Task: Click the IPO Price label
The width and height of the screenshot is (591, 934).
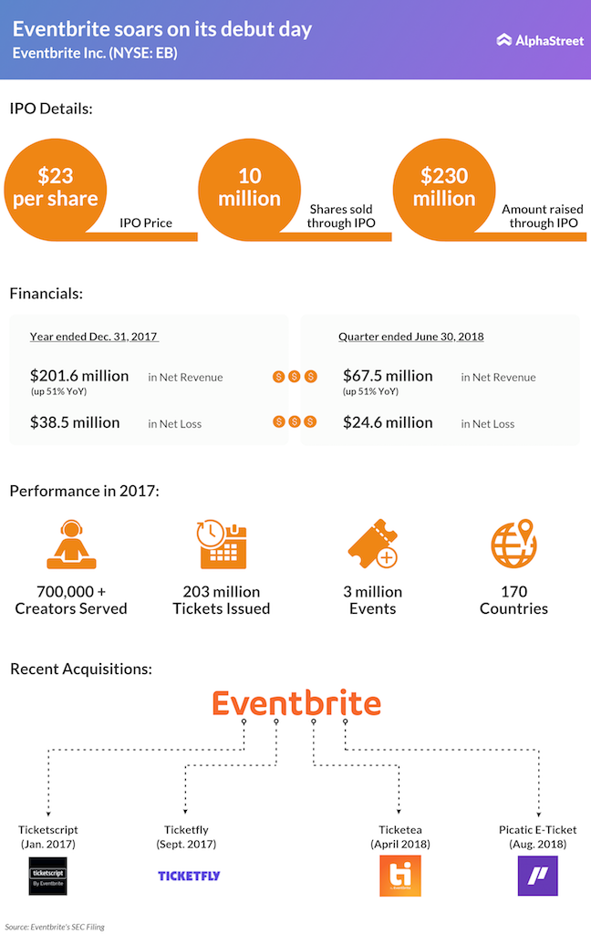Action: [146, 223]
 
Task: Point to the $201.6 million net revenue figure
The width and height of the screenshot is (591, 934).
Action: [79, 376]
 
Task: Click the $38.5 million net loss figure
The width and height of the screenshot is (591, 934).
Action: [75, 422]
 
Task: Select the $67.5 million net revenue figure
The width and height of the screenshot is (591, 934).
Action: [388, 376]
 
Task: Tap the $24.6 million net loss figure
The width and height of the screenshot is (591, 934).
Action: [388, 422]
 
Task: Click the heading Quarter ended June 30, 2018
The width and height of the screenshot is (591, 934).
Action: [410, 337]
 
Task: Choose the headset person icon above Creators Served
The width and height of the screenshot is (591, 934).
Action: [70, 545]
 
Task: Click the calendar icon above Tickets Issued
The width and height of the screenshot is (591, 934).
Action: [222, 545]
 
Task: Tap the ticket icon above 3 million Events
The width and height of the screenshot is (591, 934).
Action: [372, 545]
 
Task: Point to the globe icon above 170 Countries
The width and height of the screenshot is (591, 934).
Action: [513, 545]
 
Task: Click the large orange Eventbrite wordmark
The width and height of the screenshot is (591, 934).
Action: [296, 703]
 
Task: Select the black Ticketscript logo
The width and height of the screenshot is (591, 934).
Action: [48, 876]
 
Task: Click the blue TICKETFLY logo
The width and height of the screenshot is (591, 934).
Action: [189, 876]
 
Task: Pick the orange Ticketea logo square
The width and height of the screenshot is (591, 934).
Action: [400, 876]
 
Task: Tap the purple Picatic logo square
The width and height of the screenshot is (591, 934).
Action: [537, 876]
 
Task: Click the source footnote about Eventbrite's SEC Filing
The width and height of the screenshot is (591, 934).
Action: [56, 927]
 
